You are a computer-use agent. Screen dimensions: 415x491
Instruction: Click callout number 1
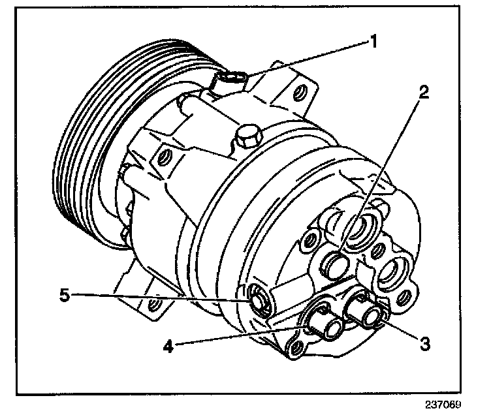coord(373,43)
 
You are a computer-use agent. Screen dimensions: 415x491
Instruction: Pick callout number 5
coord(64,296)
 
